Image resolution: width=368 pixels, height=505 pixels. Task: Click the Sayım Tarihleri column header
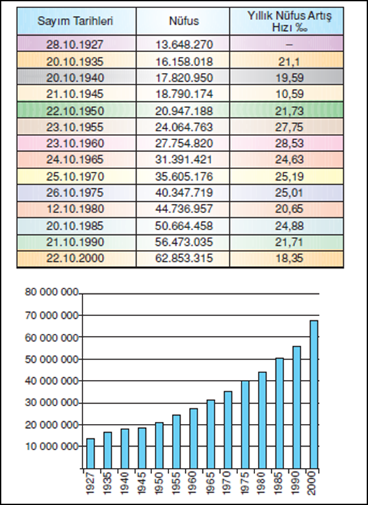pyautogui.click(x=75, y=21)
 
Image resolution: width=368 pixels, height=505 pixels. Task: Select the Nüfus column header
pyautogui.click(x=184, y=21)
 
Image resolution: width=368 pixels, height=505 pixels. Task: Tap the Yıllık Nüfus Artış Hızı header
pyautogui.click(x=290, y=21)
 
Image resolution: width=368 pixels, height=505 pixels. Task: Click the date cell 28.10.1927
pyautogui.click(x=75, y=44)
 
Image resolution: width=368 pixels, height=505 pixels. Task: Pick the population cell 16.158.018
pyautogui.click(x=184, y=61)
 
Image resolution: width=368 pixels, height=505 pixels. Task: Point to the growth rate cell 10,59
pyautogui.click(x=290, y=94)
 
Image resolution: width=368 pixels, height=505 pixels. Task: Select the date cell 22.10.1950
pyautogui.click(x=75, y=111)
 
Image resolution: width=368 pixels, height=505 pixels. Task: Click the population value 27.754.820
pyautogui.click(x=184, y=144)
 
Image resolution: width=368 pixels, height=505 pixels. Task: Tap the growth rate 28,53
pyautogui.click(x=290, y=144)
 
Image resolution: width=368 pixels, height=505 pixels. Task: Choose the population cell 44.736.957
pyautogui.click(x=184, y=209)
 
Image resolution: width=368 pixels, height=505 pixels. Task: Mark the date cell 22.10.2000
pyautogui.click(x=75, y=258)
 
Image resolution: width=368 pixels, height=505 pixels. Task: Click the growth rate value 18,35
pyautogui.click(x=290, y=258)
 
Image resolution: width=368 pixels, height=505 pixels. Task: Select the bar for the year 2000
pyautogui.click(x=314, y=394)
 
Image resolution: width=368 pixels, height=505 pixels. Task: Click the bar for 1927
pyautogui.click(x=91, y=453)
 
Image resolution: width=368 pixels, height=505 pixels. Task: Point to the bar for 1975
pyautogui.click(x=245, y=425)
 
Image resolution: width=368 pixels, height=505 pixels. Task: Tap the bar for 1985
pyautogui.click(x=280, y=413)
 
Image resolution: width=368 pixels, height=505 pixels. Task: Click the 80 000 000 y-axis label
pyautogui.click(x=52, y=292)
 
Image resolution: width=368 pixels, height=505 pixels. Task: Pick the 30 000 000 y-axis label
pyautogui.click(x=52, y=403)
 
